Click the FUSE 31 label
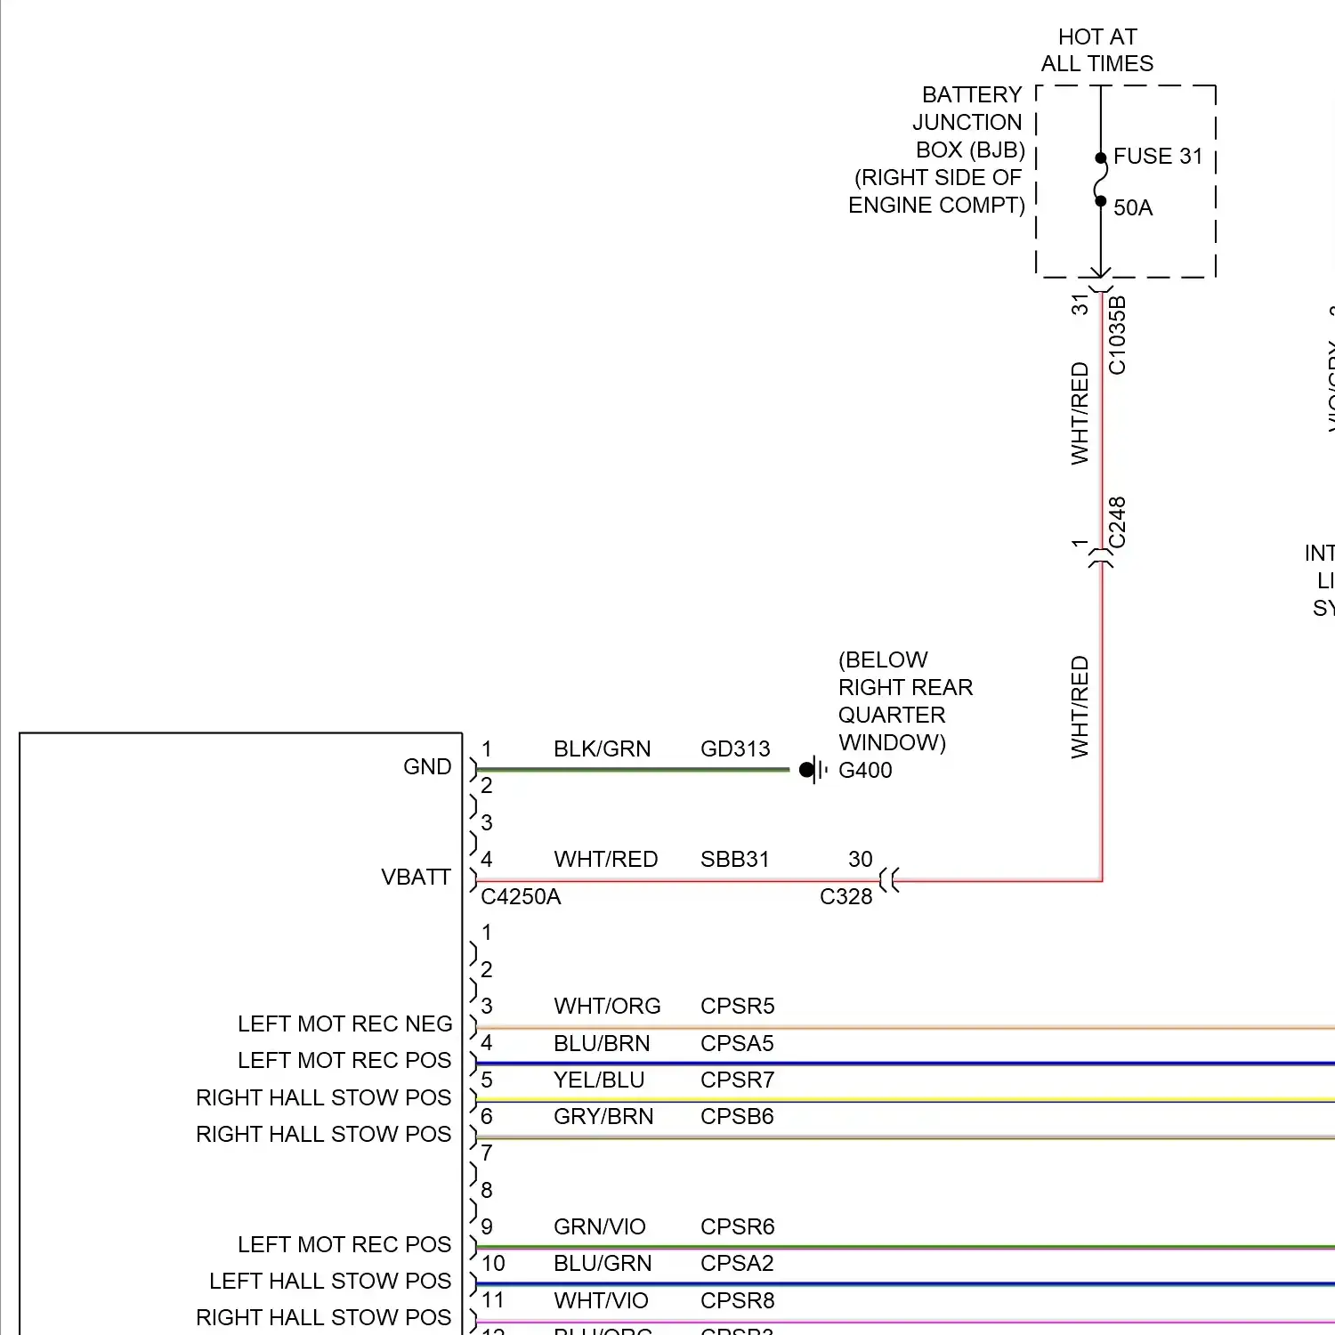pyautogui.click(x=1157, y=157)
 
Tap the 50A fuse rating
pyautogui.click(x=1132, y=208)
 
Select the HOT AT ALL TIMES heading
pyautogui.click(x=1096, y=50)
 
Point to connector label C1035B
pyautogui.click(x=1118, y=335)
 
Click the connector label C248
pyautogui.click(x=1118, y=522)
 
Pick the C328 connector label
pyautogui.click(x=845, y=897)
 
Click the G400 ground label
pyautogui.click(x=865, y=771)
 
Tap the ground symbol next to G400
pyautogui.click(x=813, y=770)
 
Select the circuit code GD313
pyautogui.click(x=735, y=749)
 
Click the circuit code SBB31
pyautogui.click(x=734, y=860)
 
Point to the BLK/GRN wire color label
pyautogui.click(x=602, y=749)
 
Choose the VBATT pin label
pyautogui.click(x=416, y=878)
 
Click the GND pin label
pyautogui.click(x=427, y=767)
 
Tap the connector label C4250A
pyautogui.click(x=521, y=897)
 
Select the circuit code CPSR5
pyautogui.click(x=737, y=1007)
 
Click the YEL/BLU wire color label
pyautogui.click(x=598, y=1080)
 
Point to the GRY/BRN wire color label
pyautogui.click(x=603, y=1117)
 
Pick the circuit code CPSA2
pyautogui.click(x=737, y=1264)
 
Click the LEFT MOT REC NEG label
pyautogui.click(x=344, y=1024)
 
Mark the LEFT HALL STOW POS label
pyautogui.click(x=330, y=1282)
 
